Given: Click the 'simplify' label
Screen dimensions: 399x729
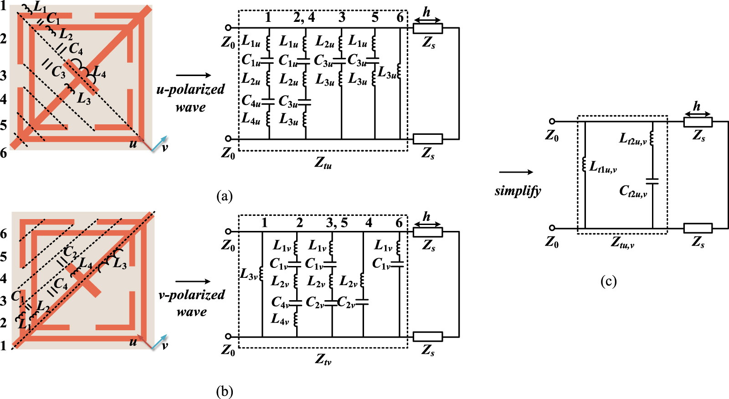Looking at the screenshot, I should (518, 190).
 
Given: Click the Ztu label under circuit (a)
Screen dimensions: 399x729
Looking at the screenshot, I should (323, 162).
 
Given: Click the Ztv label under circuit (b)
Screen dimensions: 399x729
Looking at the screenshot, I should (323, 359).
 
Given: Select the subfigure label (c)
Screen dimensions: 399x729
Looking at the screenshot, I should (608, 281).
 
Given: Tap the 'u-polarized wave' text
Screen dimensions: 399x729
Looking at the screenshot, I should (190, 98).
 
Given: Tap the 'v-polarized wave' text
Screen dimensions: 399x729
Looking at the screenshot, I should (191, 303).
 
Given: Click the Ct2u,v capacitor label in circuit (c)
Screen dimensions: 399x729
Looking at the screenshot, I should (633, 191).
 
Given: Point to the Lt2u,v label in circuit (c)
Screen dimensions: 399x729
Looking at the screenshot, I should (632, 138).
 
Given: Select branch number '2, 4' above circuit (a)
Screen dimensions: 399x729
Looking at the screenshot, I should (304, 17).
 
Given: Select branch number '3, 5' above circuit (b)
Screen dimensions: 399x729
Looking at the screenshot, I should (337, 223).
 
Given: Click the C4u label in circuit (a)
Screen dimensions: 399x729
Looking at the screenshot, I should (251, 100).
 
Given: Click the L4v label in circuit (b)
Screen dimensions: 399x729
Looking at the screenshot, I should (280, 319).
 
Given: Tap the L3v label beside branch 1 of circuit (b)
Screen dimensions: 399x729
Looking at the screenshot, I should (249, 274).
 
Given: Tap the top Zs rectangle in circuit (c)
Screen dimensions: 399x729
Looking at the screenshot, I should (698, 122).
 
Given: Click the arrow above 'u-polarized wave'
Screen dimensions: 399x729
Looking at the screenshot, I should (193, 75).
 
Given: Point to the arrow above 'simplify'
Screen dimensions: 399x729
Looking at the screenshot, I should (516, 172).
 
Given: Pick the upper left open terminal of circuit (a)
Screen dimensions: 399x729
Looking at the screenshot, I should (228, 28).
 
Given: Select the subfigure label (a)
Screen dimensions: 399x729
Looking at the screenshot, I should (224, 196).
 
